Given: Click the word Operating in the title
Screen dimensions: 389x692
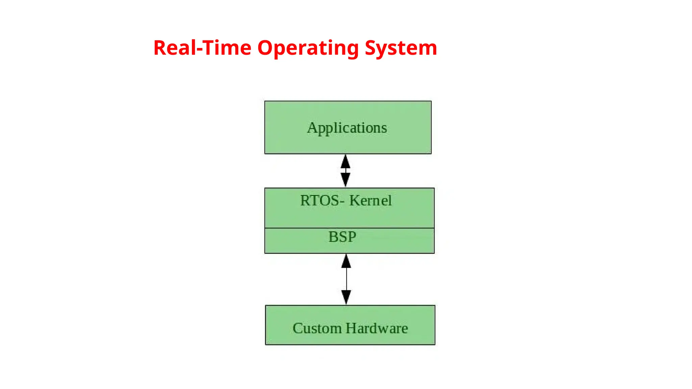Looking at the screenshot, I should (x=308, y=48).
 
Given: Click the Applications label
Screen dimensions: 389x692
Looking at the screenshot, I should (x=347, y=128).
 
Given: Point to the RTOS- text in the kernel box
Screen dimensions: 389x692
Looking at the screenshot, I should (x=322, y=201).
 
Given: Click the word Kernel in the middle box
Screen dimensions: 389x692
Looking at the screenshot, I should (x=370, y=201).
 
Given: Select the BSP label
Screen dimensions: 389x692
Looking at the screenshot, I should (x=342, y=237).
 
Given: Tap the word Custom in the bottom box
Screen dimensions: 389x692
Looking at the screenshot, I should (x=317, y=328).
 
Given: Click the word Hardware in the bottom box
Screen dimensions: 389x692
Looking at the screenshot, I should (x=377, y=328).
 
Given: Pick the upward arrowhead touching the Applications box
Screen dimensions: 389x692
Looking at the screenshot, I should (x=345, y=162).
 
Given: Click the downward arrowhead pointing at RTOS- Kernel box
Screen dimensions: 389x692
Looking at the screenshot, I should (x=345, y=179).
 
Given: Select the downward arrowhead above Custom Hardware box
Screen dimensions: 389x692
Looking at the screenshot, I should (x=346, y=297).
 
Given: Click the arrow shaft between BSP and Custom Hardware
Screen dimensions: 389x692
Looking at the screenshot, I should (x=346, y=279).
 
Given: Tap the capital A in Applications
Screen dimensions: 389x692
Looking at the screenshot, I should (x=312, y=128).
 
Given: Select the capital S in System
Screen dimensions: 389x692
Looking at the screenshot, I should (x=371, y=48).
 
